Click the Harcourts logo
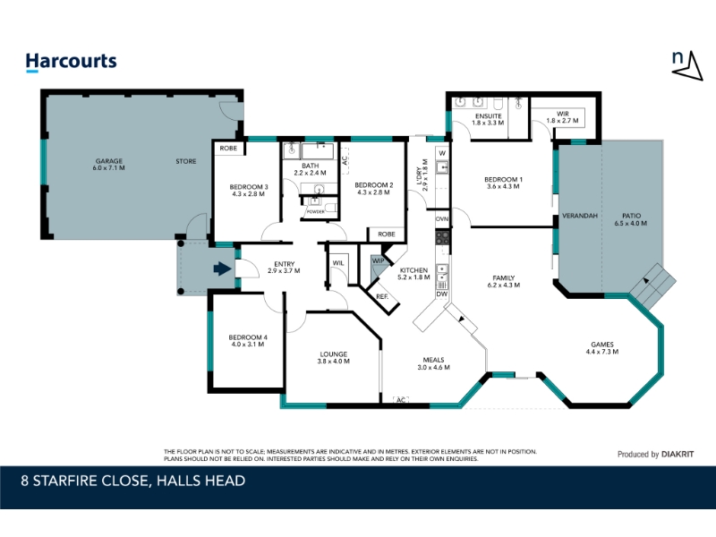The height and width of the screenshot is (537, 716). click(71, 62)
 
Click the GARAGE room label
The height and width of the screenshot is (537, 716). click(108, 165)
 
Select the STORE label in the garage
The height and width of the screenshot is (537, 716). click(186, 161)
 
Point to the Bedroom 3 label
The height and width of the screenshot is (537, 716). click(249, 190)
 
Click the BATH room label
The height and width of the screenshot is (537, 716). click(310, 169)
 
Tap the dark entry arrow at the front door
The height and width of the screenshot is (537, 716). click(222, 268)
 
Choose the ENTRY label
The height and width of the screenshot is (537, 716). click(284, 267)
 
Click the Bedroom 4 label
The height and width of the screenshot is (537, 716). click(248, 341)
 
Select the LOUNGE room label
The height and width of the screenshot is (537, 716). click(333, 357)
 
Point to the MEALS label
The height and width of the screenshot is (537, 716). click(433, 363)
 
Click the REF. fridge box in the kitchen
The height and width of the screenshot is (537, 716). click(382, 297)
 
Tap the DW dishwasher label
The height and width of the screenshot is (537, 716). click(441, 294)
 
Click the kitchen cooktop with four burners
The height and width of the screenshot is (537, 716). click(442, 237)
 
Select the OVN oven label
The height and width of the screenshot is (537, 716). click(442, 218)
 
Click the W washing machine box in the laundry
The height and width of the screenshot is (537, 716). click(442, 153)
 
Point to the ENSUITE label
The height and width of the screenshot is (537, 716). click(488, 119)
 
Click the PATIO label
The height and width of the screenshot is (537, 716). click(631, 219)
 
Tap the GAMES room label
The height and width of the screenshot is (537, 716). click(601, 348)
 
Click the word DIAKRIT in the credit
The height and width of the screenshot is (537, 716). click(678, 455)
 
